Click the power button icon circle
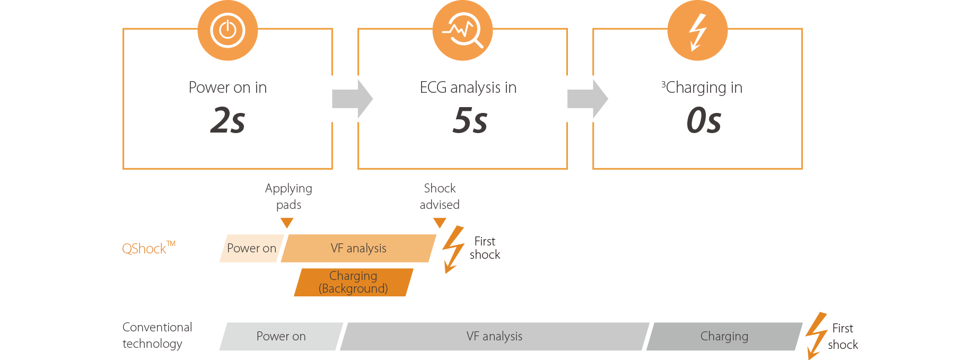(x=227, y=30)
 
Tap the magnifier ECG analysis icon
(x=462, y=30)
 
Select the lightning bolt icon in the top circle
(x=697, y=31)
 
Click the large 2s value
(x=227, y=120)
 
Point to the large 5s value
(x=470, y=120)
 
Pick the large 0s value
(x=704, y=120)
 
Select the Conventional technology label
(x=157, y=335)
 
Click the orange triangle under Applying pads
(x=287, y=223)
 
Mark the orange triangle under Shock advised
(x=440, y=223)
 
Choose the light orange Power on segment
(x=251, y=248)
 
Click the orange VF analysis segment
(x=358, y=248)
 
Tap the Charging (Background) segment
(x=353, y=282)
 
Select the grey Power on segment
(x=281, y=336)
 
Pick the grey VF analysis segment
(x=494, y=336)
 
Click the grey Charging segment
(x=724, y=336)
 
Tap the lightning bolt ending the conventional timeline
(x=816, y=336)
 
